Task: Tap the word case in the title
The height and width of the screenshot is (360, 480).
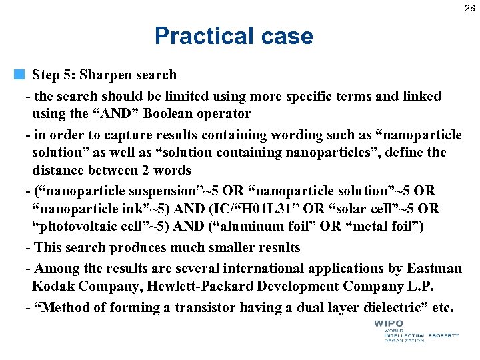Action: click(285, 36)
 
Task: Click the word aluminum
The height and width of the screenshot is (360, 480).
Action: click(251, 227)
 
